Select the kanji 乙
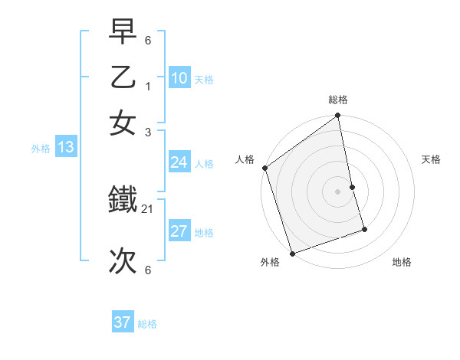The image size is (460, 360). (x=123, y=77)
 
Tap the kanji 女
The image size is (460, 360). (x=123, y=122)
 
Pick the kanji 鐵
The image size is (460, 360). (x=123, y=201)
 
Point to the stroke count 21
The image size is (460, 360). (x=149, y=208)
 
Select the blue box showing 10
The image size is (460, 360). (x=179, y=78)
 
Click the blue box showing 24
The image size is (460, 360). (x=179, y=162)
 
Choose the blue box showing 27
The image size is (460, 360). (x=179, y=231)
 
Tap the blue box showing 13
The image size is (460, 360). (x=65, y=148)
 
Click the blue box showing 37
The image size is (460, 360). (x=123, y=322)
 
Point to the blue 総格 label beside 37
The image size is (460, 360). (x=148, y=324)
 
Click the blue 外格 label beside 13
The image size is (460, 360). (x=41, y=149)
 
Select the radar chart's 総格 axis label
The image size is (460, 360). (x=338, y=100)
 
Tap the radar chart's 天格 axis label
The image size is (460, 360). (x=431, y=159)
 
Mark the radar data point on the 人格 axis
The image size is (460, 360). (x=265, y=168)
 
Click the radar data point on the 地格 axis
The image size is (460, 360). (x=364, y=229)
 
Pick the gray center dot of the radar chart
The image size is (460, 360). (x=338, y=191)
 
